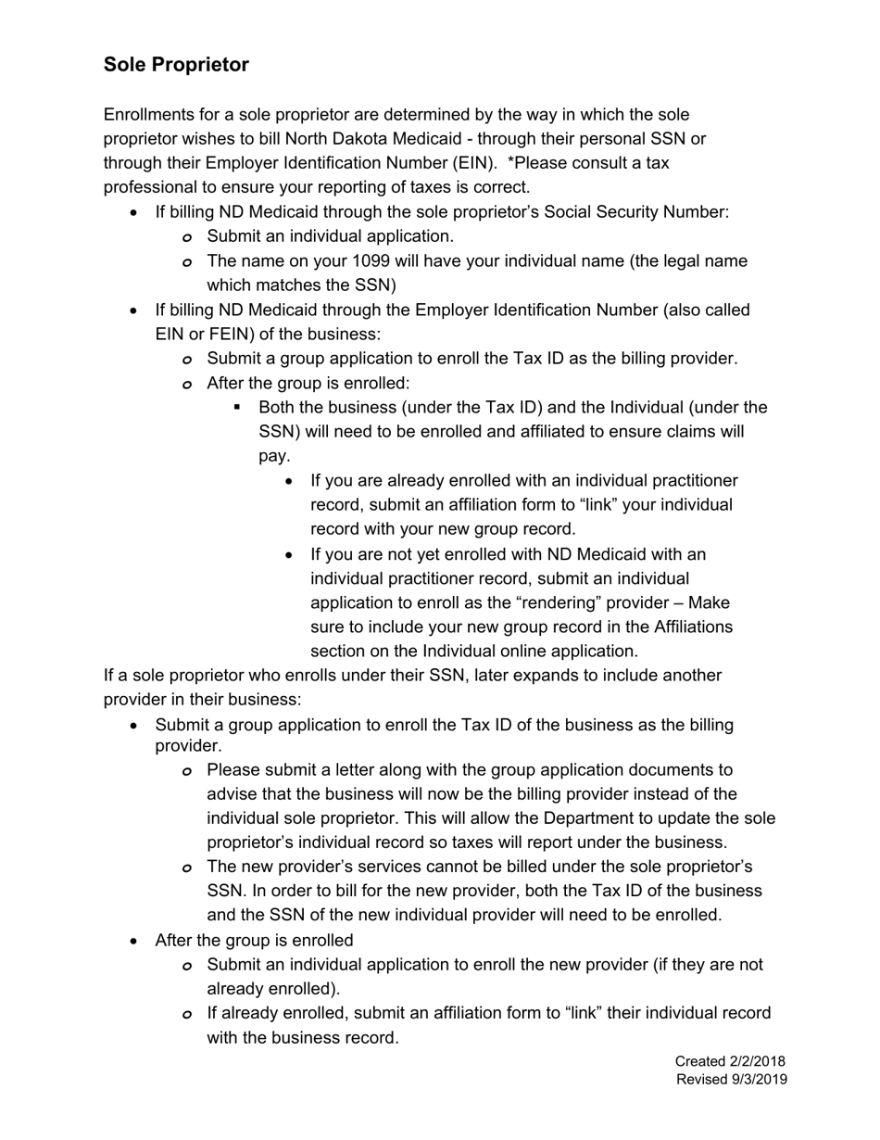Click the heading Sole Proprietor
tap(176, 65)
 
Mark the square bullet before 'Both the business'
tap(238, 407)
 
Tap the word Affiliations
tap(686, 627)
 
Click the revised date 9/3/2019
tap(751, 1079)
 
